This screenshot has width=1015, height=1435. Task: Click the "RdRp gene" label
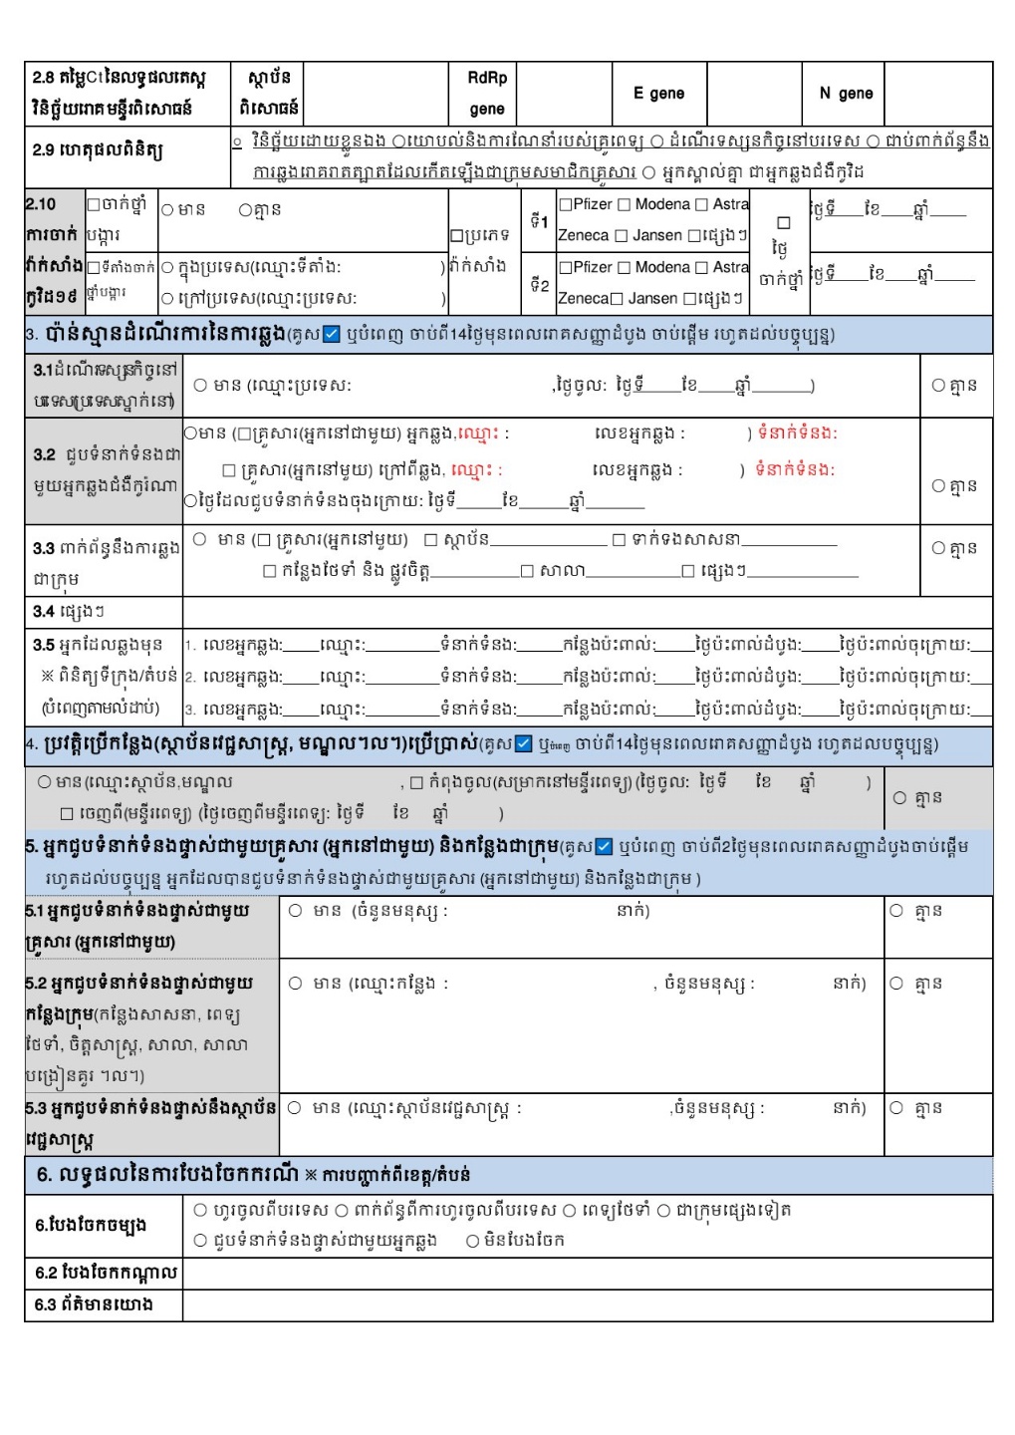[x=487, y=93]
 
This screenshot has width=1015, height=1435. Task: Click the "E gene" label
[x=658, y=93]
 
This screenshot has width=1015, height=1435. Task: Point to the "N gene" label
[x=846, y=93]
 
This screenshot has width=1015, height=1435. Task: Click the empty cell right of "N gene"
[x=937, y=93]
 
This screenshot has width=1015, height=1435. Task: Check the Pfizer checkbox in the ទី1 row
[x=565, y=204]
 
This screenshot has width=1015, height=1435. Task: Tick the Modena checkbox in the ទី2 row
[x=625, y=267]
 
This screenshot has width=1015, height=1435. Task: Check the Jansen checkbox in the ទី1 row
[x=623, y=236]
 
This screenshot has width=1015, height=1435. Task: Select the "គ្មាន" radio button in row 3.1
[x=937, y=385]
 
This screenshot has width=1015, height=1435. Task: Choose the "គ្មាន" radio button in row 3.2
[x=937, y=485]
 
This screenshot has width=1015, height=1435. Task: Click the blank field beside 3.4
[x=587, y=611]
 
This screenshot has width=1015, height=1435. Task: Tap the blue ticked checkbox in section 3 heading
[x=333, y=334]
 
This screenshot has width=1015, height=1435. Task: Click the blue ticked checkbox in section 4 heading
[x=524, y=743]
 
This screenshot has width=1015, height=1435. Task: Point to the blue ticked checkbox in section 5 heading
[x=604, y=847]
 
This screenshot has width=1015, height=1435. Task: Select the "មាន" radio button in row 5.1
[x=296, y=910]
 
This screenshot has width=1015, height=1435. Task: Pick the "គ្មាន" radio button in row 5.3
[x=896, y=1107]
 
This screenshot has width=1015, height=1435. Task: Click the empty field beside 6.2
[x=587, y=1273]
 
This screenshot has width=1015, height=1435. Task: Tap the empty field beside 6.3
[x=587, y=1304]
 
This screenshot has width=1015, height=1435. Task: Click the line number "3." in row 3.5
[x=189, y=710]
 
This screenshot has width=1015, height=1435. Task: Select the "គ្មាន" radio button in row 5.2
[x=896, y=983]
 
